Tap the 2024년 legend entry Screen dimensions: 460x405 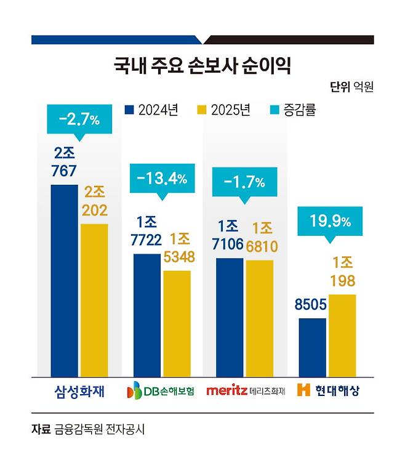[x=151, y=110]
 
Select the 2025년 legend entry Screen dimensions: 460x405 [x=223, y=110]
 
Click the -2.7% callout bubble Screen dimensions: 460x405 [x=79, y=119]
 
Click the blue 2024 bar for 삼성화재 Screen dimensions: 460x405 [x=65, y=280]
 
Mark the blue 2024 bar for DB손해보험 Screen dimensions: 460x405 [x=147, y=315]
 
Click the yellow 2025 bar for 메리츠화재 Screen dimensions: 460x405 [x=259, y=318]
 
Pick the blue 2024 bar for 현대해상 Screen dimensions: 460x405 [x=312, y=347]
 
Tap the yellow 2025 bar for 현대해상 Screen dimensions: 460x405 [x=342, y=335]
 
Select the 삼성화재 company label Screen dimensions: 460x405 [x=78, y=390]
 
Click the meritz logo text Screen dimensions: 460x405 [x=227, y=390]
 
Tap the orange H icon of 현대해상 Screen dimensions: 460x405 [x=302, y=390]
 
